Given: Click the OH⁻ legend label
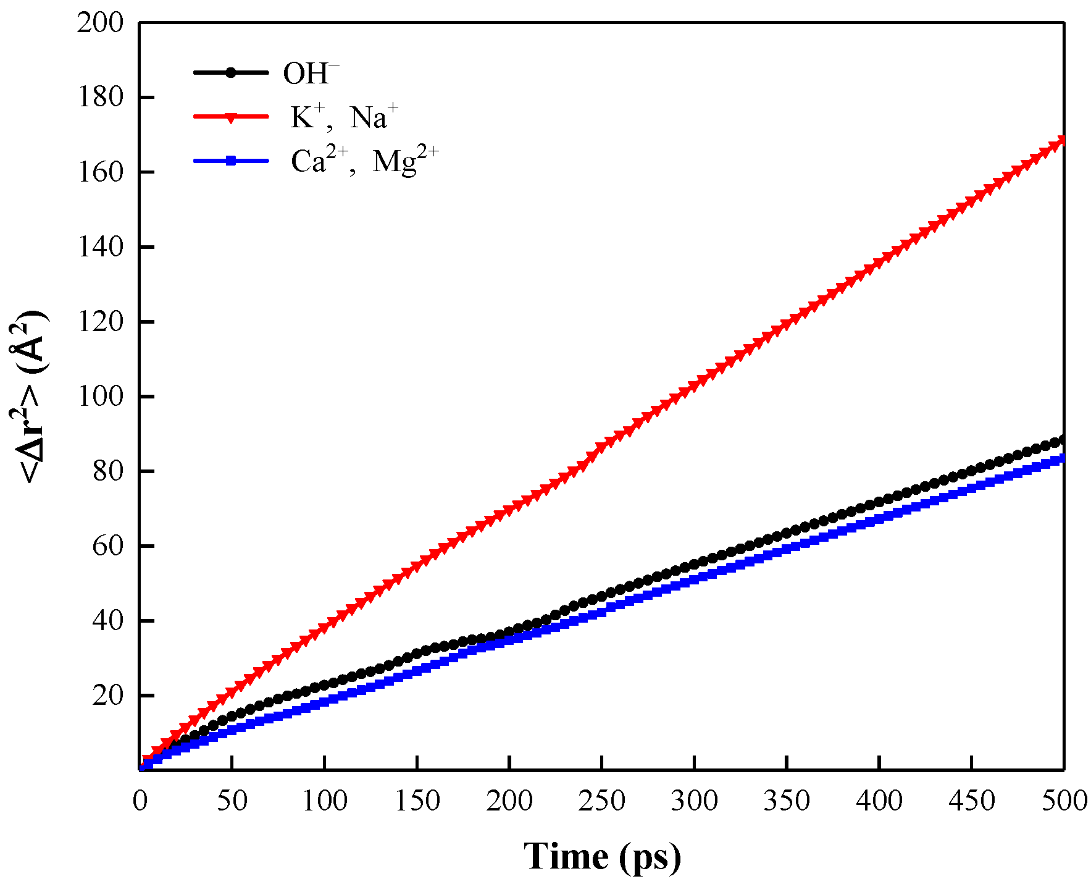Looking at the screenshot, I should tap(311, 74).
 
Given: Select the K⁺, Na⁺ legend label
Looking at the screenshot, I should tap(344, 117).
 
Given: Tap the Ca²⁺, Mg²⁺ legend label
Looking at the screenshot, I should tap(364, 161).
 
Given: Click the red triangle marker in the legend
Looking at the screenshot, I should tap(231, 117).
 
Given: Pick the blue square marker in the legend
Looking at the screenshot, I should tap(231, 161).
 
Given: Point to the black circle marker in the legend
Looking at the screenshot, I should tap(231, 72).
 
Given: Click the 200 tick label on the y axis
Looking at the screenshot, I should tap(100, 23).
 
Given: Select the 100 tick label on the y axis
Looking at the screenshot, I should tap(100, 396).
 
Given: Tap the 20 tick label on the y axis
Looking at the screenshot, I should tap(107, 696).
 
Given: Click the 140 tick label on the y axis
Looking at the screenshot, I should tap(100, 247).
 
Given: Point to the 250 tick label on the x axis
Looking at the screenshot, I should tap(601, 801).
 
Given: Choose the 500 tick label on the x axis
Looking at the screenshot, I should tap(1064, 801).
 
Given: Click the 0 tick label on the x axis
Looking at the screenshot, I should tap(140, 801).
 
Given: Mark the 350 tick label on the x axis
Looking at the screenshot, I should tap(787, 801).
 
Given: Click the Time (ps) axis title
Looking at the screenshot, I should tap(602, 856).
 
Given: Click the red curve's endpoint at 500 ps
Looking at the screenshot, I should tap(1063, 141).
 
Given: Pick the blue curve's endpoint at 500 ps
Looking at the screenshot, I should tap(1063, 458).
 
